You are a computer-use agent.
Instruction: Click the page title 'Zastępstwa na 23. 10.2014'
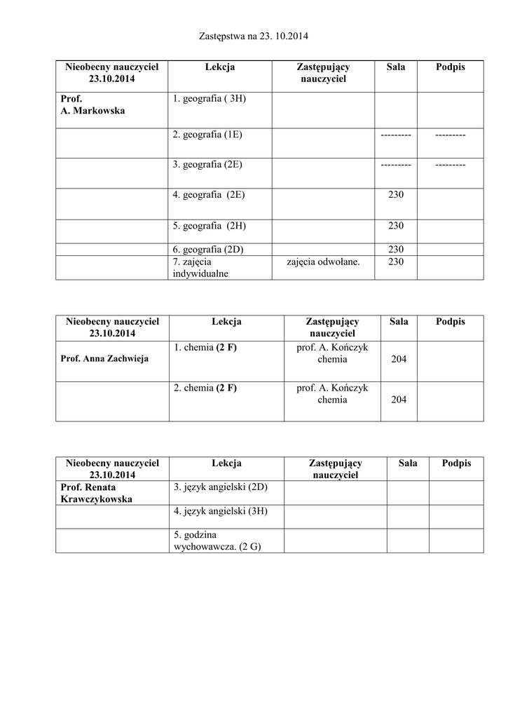[x=254, y=35]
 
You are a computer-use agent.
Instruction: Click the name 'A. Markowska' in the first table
[x=92, y=111]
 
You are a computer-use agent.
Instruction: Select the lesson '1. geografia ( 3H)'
[x=209, y=99]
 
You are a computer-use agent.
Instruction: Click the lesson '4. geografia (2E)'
[x=208, y=195]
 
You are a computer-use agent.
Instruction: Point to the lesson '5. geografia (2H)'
[x=209, y=226]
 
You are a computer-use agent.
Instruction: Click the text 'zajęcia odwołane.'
[x=323, y=262]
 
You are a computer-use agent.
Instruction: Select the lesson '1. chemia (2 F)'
[x=205, y=347]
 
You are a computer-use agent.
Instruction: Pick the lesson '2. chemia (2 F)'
[x=205, y=388]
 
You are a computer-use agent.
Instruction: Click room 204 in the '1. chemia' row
[x=399, y=359]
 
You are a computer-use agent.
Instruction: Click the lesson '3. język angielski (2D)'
[x=221, y=487]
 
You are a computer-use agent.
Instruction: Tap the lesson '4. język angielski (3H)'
[x=221, y=511]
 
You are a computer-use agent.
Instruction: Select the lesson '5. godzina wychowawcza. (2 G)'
[x=217, y=541]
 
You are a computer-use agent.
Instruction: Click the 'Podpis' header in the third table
[x=456, y=463]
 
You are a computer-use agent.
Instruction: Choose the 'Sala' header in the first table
[x=396, y=67]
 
